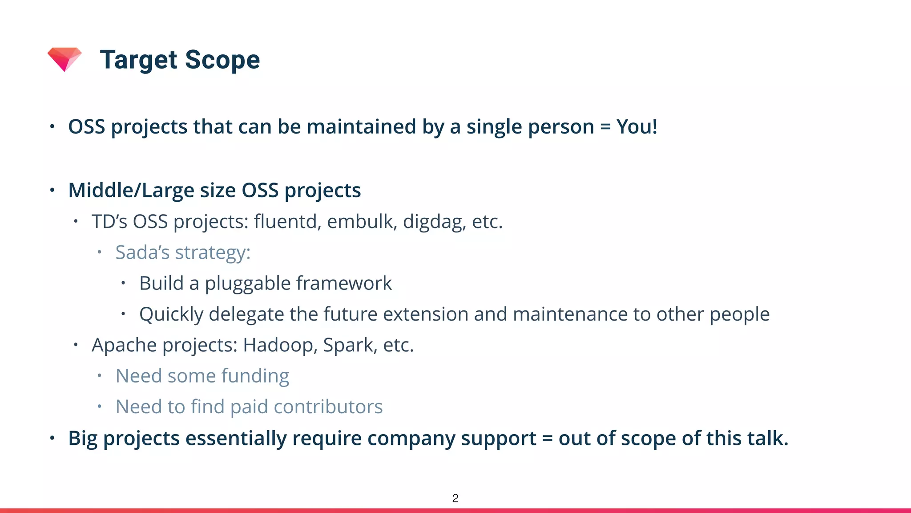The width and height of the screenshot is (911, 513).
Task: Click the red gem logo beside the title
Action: pos(64,59)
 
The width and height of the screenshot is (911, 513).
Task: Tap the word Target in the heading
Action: pos(139,60)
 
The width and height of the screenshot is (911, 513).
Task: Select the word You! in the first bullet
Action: pos(637,127)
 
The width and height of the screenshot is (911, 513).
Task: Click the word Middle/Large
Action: pos(131,191)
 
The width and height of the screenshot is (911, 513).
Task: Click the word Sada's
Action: pos(142,252)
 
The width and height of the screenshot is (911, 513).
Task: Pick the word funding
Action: pos(255,376)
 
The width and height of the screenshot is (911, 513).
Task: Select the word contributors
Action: pos(328,407)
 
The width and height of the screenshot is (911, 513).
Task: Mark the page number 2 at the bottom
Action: pos(455,498)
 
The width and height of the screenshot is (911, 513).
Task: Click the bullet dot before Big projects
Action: pos(52,438)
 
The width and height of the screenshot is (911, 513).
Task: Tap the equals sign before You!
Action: pos(605,127)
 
